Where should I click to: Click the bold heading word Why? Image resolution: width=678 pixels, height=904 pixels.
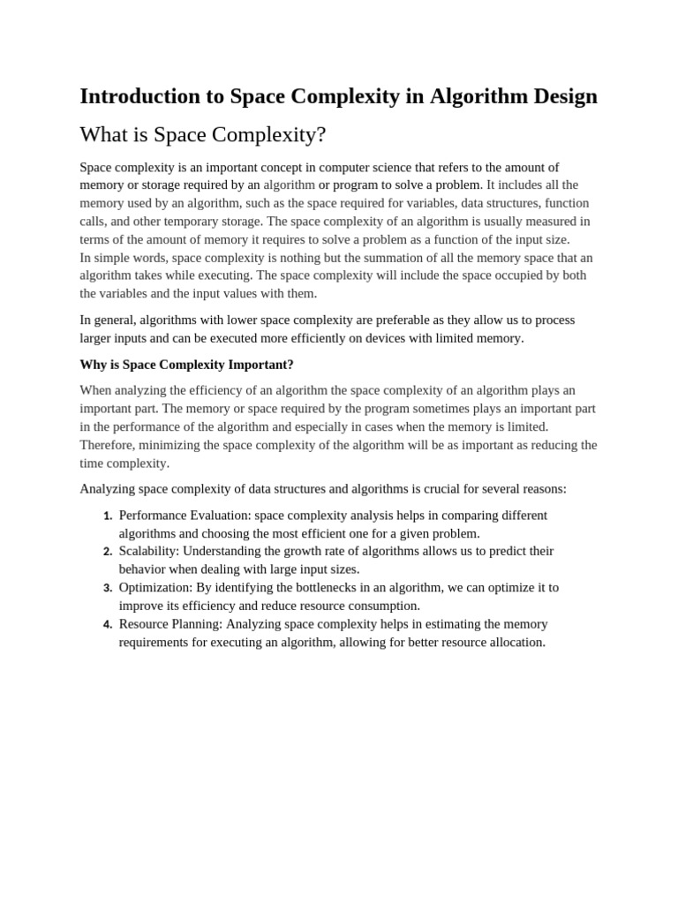[x=94, y=365]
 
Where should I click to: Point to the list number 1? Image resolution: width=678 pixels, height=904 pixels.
[x=108, y=516]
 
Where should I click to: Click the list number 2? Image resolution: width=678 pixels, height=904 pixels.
[x=108, y=552]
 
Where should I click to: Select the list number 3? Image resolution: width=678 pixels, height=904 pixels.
[x=108, y=588]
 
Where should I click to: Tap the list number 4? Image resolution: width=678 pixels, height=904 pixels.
[x=108, y=624]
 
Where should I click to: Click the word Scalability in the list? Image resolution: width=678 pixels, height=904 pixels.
[x=148, y=551]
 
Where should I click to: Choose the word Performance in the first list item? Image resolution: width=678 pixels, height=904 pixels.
[x=153, y=515]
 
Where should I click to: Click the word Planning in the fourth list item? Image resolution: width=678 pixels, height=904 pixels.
[x=197, y=623]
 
